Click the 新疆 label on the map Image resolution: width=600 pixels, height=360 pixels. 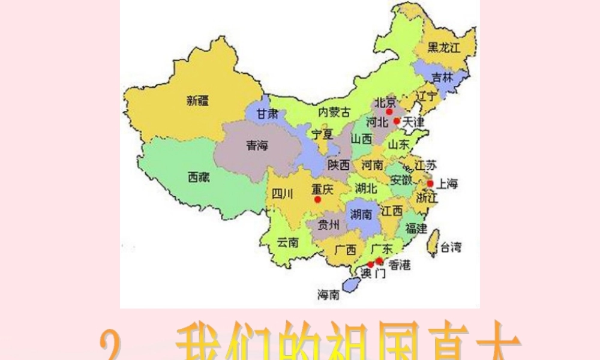197,101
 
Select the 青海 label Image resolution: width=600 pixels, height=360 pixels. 257,145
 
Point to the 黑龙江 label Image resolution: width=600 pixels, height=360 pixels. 443,48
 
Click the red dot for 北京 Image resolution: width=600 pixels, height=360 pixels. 389,112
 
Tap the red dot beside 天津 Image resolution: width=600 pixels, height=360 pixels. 397,121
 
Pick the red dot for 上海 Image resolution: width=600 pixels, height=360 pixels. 430,183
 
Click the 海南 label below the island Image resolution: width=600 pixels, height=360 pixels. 328,295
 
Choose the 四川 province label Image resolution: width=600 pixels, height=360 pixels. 282,193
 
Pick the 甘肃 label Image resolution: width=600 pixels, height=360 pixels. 267,114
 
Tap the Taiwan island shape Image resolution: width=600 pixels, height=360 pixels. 431,244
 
